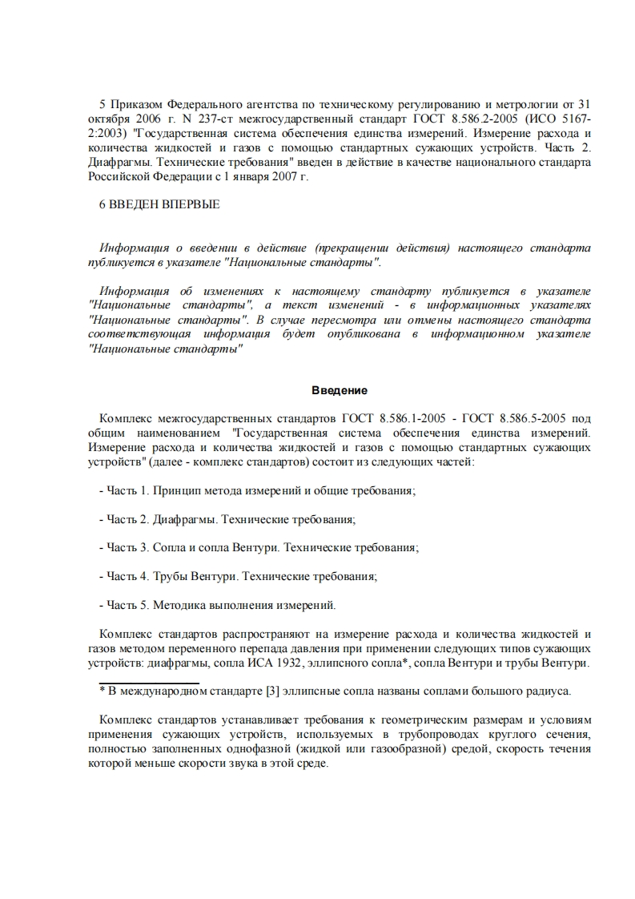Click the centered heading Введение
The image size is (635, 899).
[339, 391]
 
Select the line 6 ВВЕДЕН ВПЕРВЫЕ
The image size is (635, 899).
[159, 205]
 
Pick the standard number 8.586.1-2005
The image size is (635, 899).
[380, 418]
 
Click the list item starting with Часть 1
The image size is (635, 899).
[256, 490]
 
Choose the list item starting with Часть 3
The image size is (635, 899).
[259, 547]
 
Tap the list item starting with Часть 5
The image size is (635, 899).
[216, 605]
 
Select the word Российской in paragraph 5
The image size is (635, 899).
[121, 178]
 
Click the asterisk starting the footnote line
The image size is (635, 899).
[102, 691]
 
